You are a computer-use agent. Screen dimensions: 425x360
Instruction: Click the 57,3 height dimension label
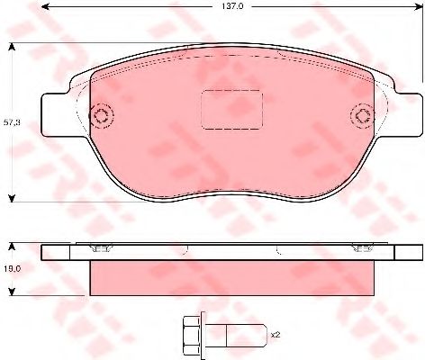pyautogui.click(x=12, y=122)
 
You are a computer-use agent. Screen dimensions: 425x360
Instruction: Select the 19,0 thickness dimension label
pyautogui.click(x=12, y=269)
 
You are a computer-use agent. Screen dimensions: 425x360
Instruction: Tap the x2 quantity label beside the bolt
pyautogui.click(x=276, y=335)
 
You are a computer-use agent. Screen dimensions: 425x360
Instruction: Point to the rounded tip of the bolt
pyautogui.click(x=264, y=335)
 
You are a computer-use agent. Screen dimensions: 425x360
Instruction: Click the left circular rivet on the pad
pyautogui.click(x=102, y=115)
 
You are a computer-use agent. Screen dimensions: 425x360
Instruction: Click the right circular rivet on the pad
pyautogui.click(x=363, y=115)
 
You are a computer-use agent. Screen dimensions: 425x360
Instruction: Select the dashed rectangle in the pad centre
pyautogui.click(x=231, y=110)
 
